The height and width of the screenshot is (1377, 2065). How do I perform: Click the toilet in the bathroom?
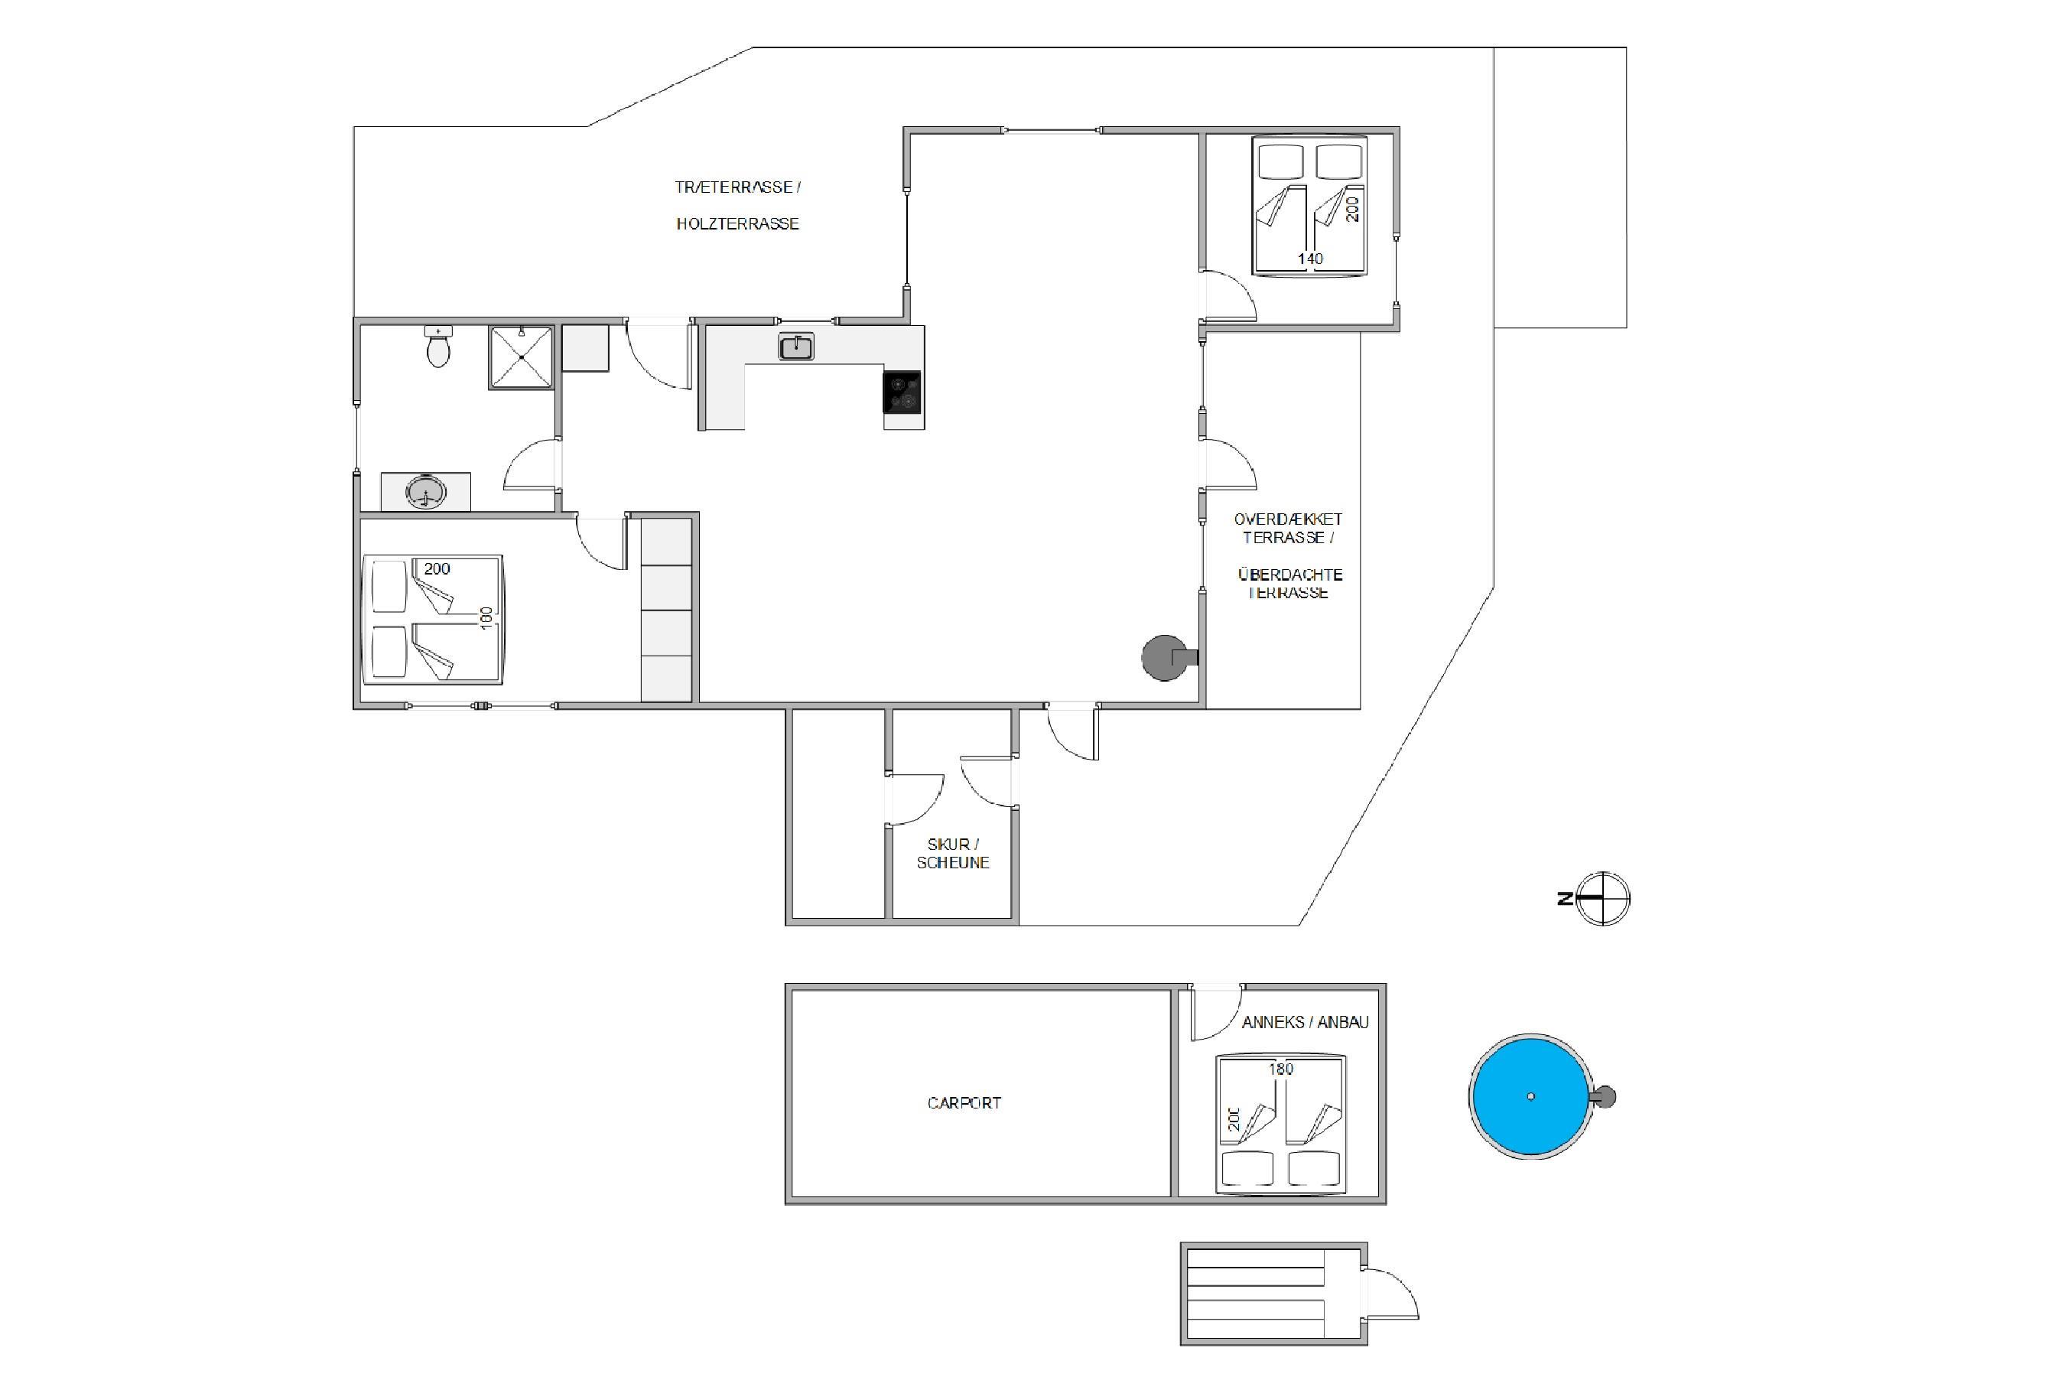click(438, 346)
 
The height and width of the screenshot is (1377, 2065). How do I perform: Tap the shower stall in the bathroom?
click(522, 357)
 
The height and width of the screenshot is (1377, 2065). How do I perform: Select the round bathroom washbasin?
click(426, 493)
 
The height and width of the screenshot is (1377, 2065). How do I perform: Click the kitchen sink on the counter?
click(796, 347)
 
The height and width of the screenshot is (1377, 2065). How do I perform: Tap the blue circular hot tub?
click(1531, 1096)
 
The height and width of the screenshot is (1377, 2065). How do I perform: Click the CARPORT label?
click(964, 1103)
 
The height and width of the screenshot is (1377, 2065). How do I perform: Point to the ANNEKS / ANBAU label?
click(1306, 1022)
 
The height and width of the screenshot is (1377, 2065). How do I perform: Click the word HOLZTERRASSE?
click(737, 224)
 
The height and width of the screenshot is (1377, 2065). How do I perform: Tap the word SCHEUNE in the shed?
click(953, 862)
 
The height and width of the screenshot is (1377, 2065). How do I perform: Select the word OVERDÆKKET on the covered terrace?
click(1288, 519)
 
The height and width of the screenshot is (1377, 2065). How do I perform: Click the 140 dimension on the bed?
click(1310, 259)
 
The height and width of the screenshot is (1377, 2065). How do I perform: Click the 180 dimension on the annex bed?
click(1281, 1069)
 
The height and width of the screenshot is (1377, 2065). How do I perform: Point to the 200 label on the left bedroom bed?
click(437, 569)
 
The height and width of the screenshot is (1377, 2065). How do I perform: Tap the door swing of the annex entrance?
click(1217, 1013)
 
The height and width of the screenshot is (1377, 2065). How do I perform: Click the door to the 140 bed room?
click(1229, 296)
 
